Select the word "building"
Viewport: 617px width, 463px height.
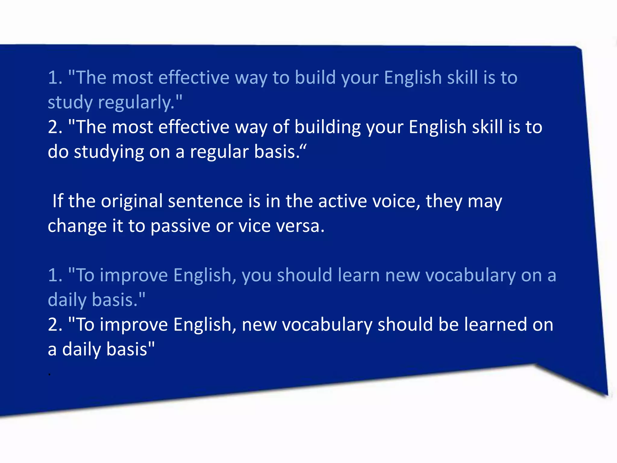327,127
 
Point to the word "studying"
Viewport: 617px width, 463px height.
109,152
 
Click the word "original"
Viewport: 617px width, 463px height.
132,201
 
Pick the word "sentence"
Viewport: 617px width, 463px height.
205,201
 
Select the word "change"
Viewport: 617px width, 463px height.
77,226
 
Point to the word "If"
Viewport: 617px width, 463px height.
58,201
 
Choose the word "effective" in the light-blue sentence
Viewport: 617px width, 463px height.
194,77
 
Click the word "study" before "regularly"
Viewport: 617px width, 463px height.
70,103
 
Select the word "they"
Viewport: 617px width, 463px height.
444,201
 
